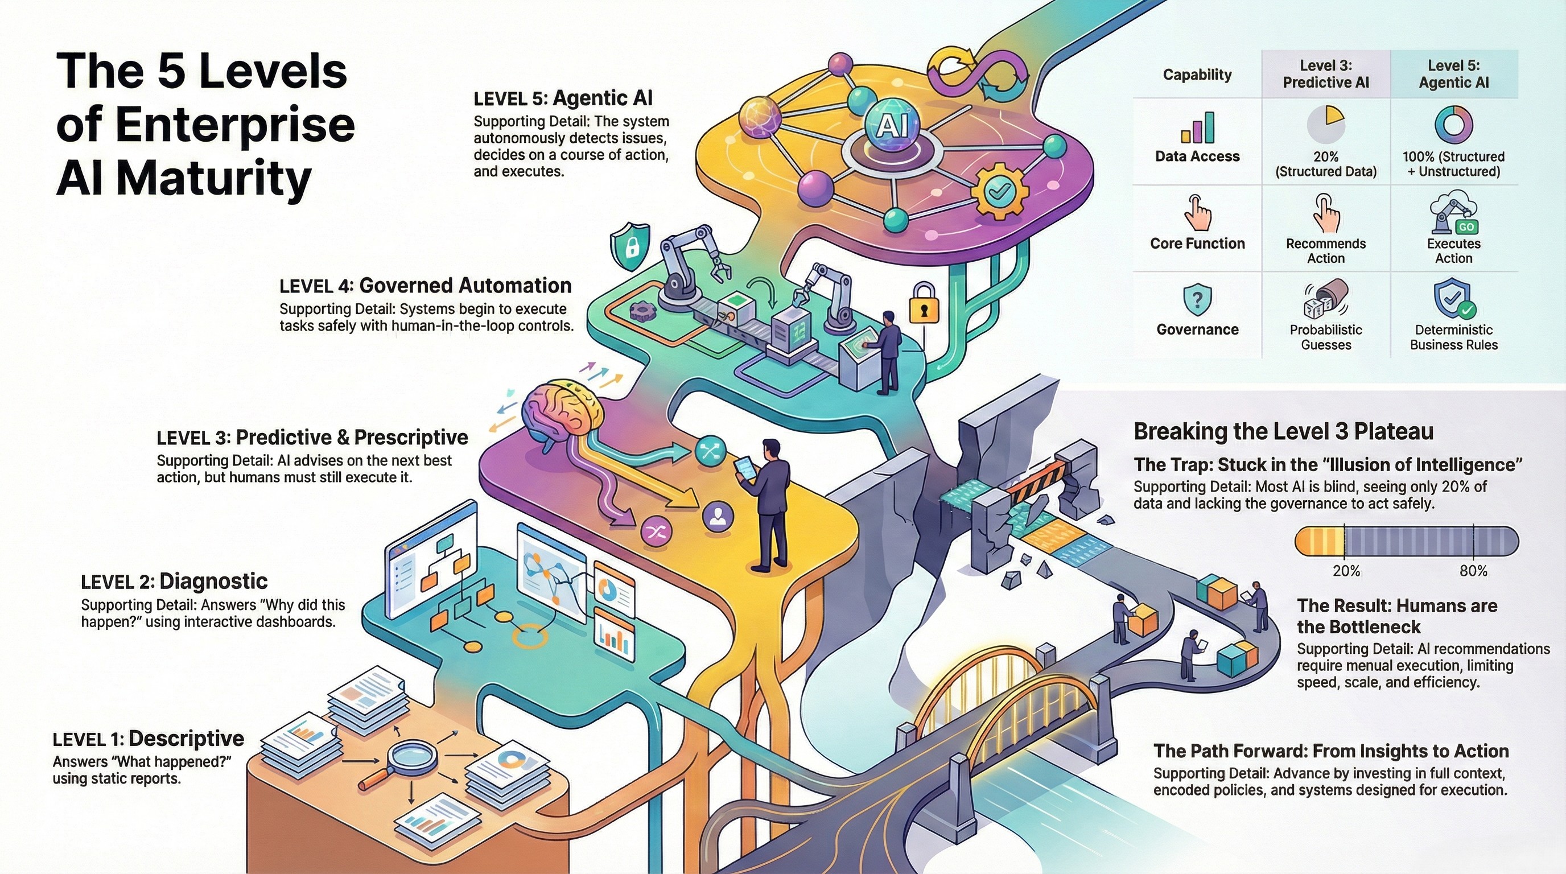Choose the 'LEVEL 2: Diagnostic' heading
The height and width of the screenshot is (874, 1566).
(174, 582)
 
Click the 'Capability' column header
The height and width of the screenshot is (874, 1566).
(1197, 75)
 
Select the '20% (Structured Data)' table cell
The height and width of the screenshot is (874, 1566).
(1325, 164)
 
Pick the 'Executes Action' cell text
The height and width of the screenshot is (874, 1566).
(1453, 250)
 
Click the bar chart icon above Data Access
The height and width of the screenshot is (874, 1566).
(1197, 127)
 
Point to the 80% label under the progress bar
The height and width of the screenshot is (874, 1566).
(1473, 571)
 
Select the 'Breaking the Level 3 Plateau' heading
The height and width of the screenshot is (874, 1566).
(1283, 431)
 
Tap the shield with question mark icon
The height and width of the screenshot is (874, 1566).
(1197, 300)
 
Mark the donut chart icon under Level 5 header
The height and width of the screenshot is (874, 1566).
(1453, 125)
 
